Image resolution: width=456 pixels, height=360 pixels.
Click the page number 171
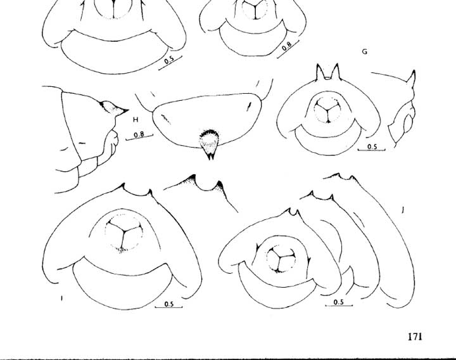tap(415, 337)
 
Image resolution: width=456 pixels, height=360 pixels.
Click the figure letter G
tap(364, 51)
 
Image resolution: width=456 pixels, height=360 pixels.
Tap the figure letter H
tap(136, 120)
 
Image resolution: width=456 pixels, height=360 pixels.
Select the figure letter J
tap(403, 210)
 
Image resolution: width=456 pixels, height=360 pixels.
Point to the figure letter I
tap(61, 298)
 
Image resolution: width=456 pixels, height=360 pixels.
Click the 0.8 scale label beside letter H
tap(139, 135)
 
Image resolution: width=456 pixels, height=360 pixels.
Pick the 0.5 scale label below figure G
tap(372, 146)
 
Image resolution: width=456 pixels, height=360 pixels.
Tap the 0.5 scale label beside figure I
tap(169, 304)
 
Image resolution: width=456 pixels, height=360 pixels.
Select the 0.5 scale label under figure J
tap(339, 302)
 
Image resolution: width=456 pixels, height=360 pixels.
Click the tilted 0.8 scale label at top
tap(287, 46)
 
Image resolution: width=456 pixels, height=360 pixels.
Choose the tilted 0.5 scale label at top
tap(169, 60)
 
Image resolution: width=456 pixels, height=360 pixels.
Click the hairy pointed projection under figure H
tap(209, 144)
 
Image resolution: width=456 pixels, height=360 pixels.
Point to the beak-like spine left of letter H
tap(114, 108)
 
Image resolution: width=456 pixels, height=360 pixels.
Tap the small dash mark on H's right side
tap(250, 106)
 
